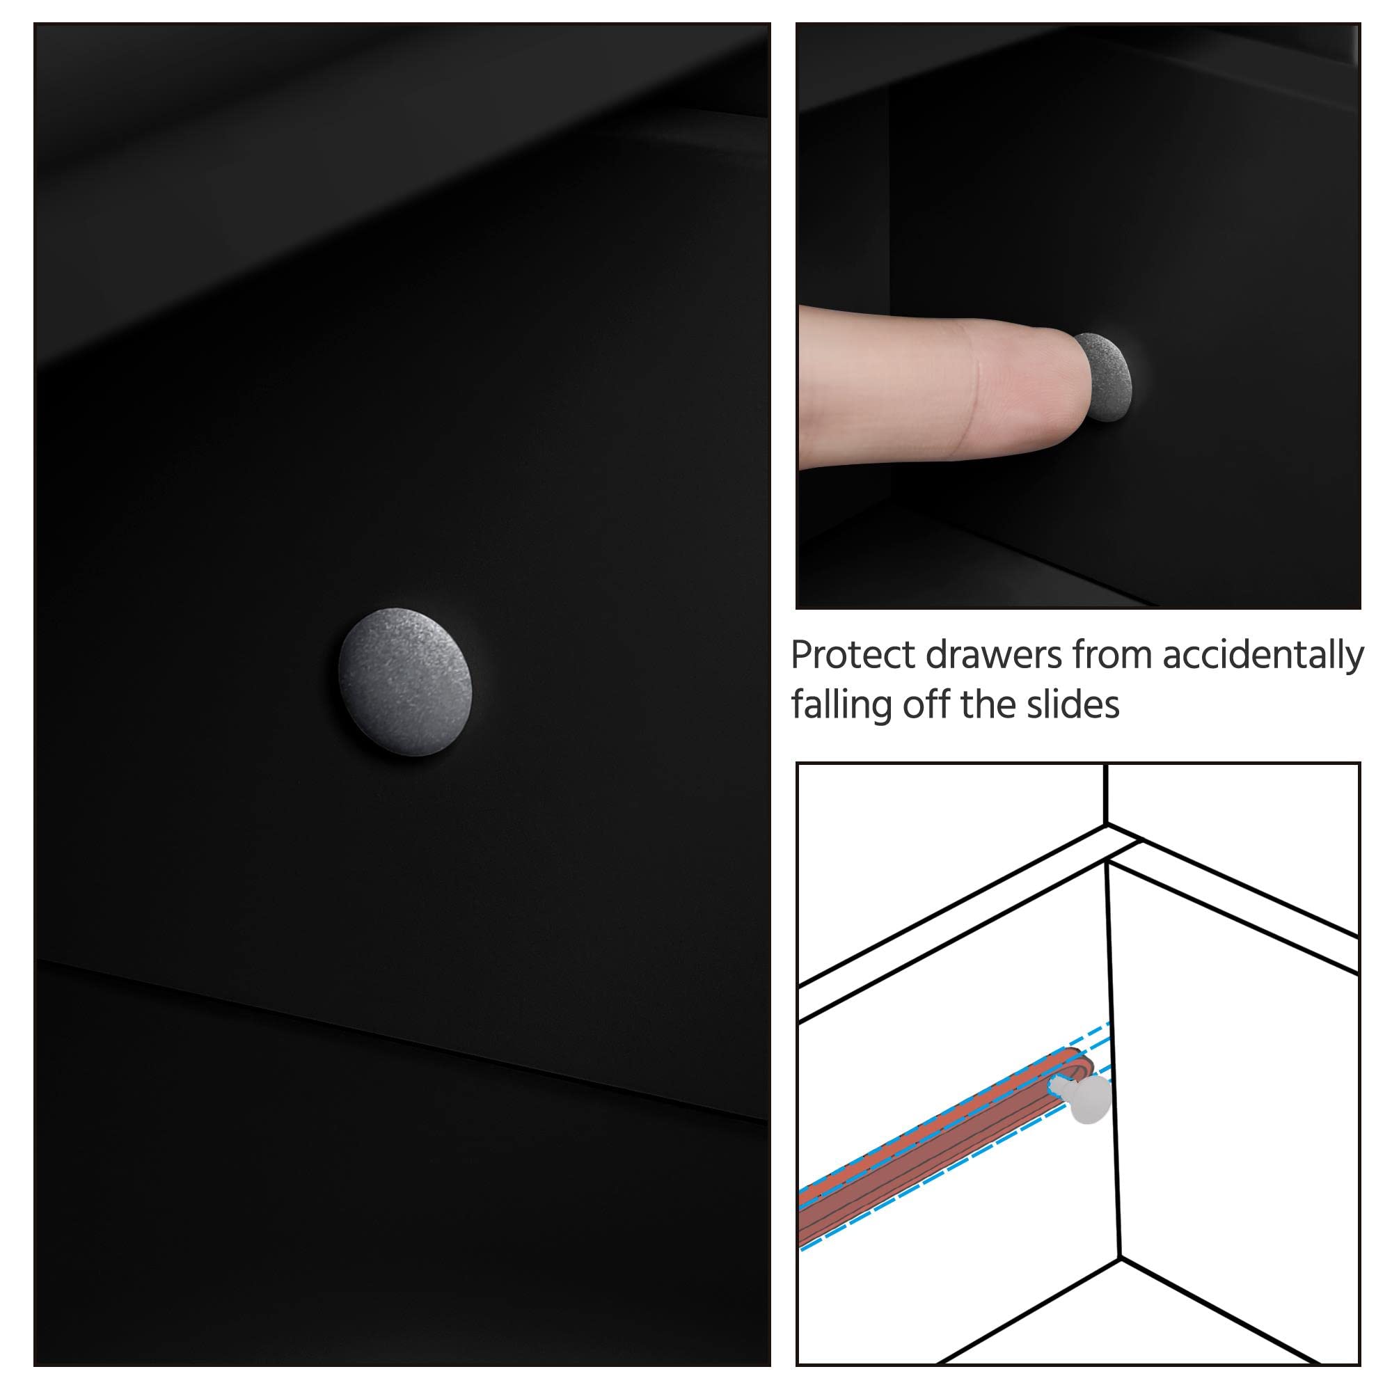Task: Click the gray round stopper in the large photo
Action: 405,681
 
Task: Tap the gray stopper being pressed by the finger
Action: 1103,376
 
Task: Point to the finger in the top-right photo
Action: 944,386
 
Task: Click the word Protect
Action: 854,655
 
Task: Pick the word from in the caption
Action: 1112,656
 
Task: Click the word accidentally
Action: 1263,656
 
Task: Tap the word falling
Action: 841,704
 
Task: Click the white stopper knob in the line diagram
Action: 1087,1100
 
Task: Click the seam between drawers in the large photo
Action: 404,1038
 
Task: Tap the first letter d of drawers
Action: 938,655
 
